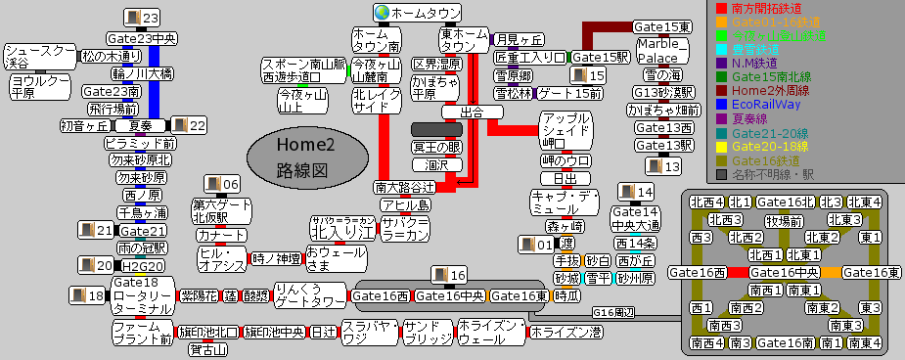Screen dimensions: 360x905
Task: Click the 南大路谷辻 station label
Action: (404, 187)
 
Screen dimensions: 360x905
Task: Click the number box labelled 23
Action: (143, 19)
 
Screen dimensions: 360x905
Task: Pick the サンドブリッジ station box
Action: (428, 334)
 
